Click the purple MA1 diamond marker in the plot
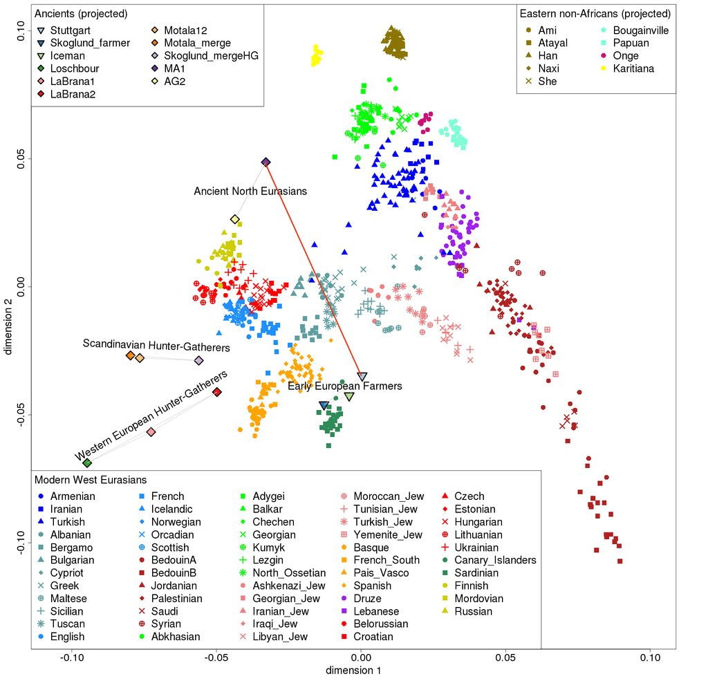click(x=266, y=162)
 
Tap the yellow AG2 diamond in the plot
click(x=235, y=219)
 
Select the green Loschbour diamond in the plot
click(x=87, y=463)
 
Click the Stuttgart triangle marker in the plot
click(x=362, y=377)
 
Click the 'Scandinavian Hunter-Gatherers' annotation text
click(x=156, y=344)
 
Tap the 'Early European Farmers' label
click(x=344, y=386)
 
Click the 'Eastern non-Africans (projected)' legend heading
click(x=595, y=14)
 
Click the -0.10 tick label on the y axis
click(x=20, y=541)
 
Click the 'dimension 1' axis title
click(x=353, y=670)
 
